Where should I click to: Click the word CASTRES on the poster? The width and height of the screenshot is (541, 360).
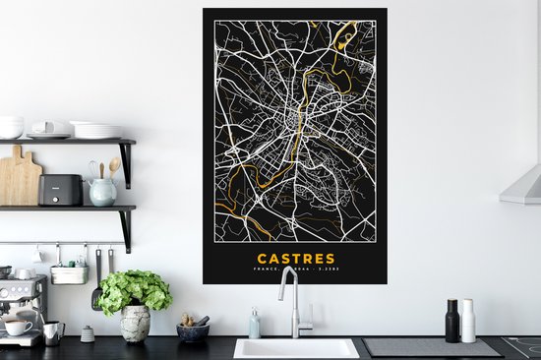click(x=293, y=259)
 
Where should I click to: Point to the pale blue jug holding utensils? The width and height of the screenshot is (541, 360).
click(x=102, y=191)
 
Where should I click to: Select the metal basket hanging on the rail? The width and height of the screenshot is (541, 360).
click(x=69, y=274)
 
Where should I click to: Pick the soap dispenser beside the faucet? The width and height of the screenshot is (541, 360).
click(x=255, y=325)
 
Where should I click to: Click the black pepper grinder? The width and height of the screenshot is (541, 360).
click(x=452, y=321)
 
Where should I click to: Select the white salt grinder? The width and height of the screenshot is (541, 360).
click(x=468, y=322)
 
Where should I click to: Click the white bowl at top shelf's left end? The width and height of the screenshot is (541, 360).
click(x=11, y=127)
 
